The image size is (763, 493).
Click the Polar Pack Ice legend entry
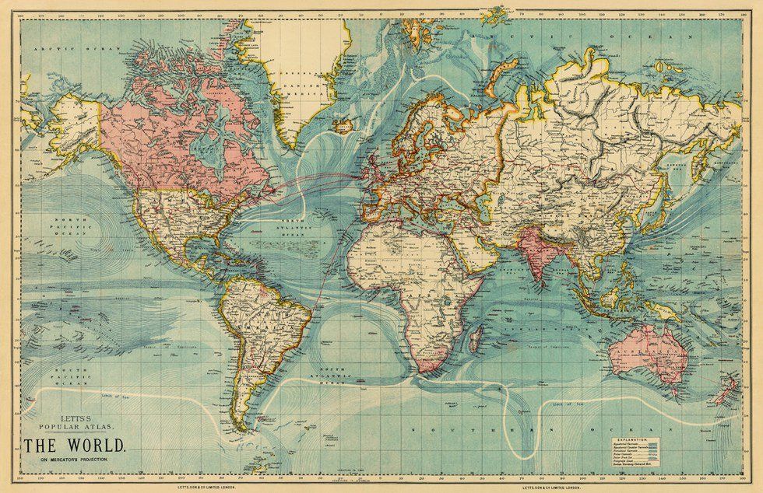658,459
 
